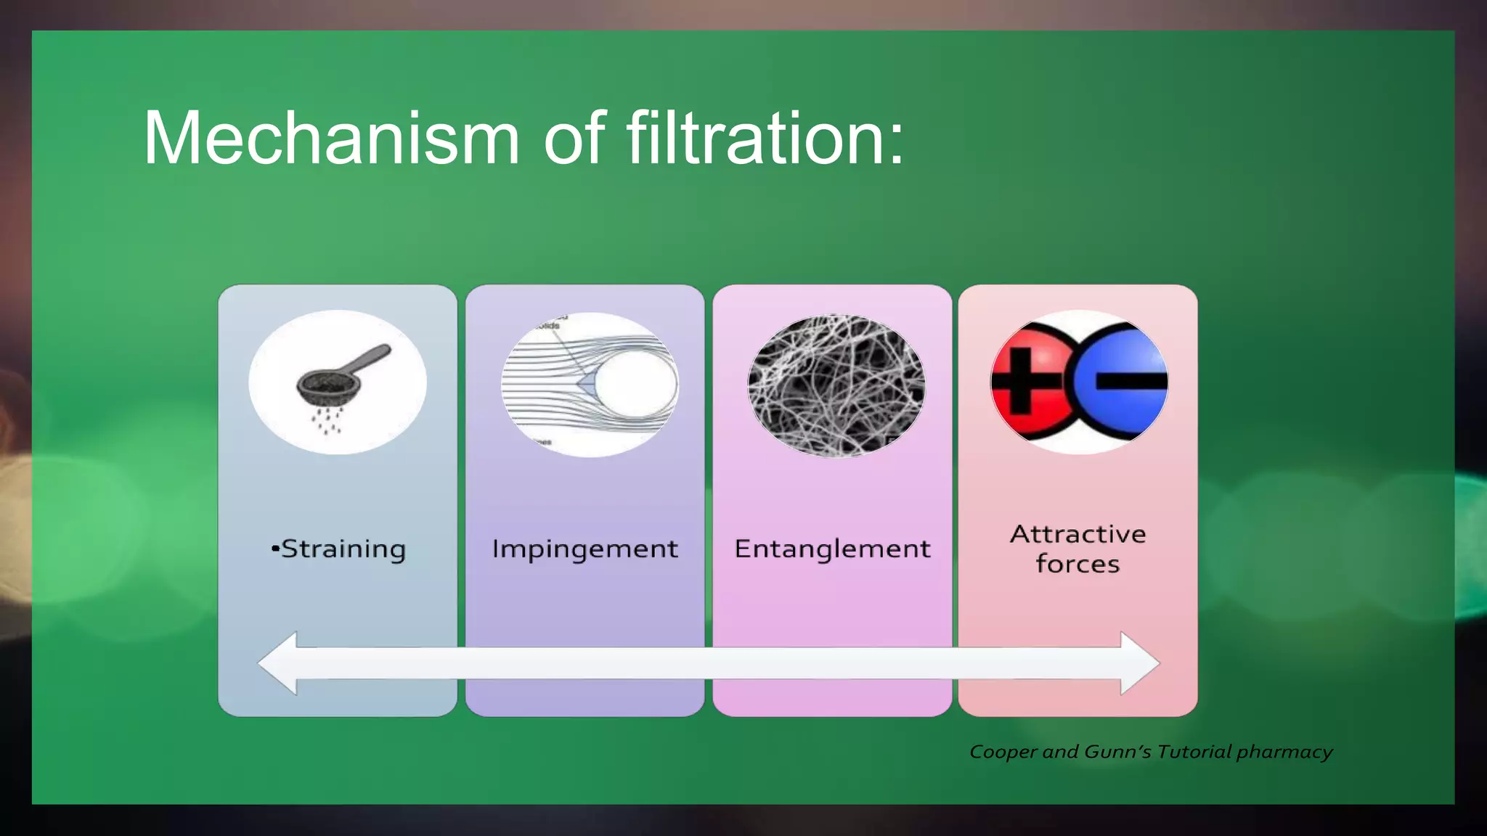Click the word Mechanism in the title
click(x=331, y=138)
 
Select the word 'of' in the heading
click(x=574, y=138)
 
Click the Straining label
click(x=343, y=549)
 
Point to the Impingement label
click(x=584, y=549)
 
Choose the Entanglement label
click(x=832, y=549)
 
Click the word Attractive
click(x=1077, y=534)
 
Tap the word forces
click(x=1077, y=565)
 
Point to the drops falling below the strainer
click(x=327, y=421)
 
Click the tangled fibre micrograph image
click(x=836, y=385)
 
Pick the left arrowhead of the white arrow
click(x=280, y=663)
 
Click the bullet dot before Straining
click(x=275, y=549)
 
